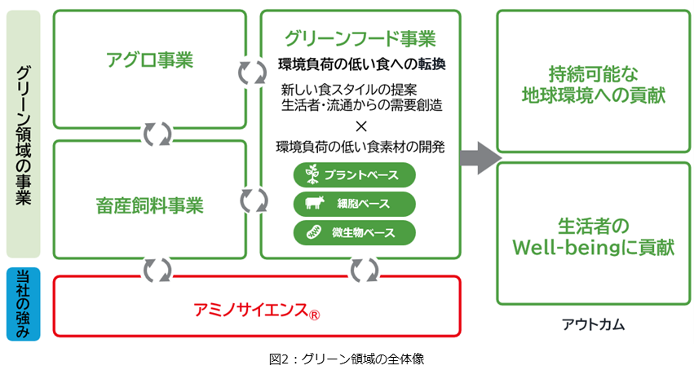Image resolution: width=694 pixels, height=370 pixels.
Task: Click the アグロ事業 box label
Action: tap(149, 60)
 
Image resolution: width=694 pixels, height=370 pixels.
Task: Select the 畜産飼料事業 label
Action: tap(149, 205)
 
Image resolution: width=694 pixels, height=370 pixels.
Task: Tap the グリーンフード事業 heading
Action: tap(360, 38)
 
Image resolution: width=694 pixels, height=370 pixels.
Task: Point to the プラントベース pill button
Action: tap(355, 175)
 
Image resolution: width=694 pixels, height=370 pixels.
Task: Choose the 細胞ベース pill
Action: tap(355, 204)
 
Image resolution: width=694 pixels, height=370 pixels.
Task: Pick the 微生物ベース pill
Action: tap(355, 233)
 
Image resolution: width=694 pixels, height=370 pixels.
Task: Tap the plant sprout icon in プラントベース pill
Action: tap(312, 175)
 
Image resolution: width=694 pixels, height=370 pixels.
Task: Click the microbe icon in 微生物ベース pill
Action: tap(313, 233)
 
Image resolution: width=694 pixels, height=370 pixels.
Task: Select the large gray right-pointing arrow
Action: tap(479, 157)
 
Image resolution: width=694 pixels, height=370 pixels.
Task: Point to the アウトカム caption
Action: tap(593, 324)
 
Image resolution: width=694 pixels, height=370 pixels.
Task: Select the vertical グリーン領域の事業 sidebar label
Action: tap(24, 134)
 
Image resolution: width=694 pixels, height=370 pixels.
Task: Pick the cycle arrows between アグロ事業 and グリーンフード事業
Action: tap(253, 72)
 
